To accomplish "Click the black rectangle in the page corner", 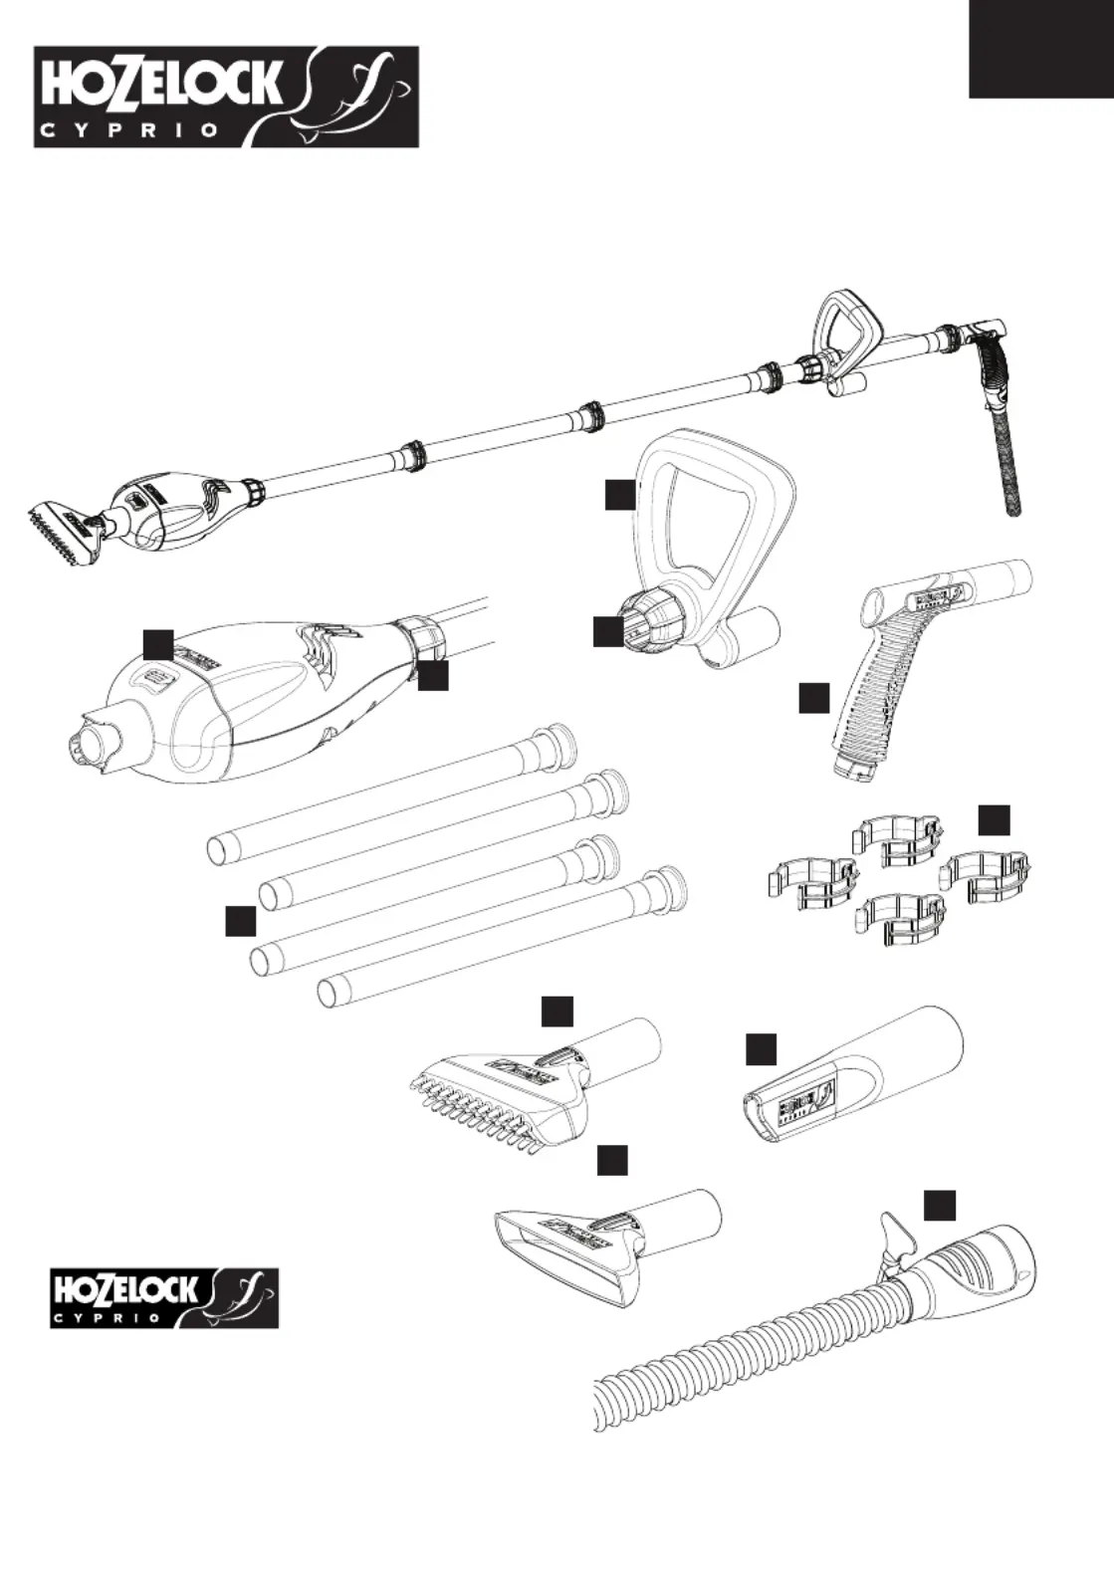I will point(1041,49).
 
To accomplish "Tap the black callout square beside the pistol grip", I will point(813,698).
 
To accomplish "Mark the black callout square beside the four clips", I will point(993,819).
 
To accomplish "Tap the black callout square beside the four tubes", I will point(240,921).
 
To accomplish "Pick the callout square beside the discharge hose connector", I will point(939,1204).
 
